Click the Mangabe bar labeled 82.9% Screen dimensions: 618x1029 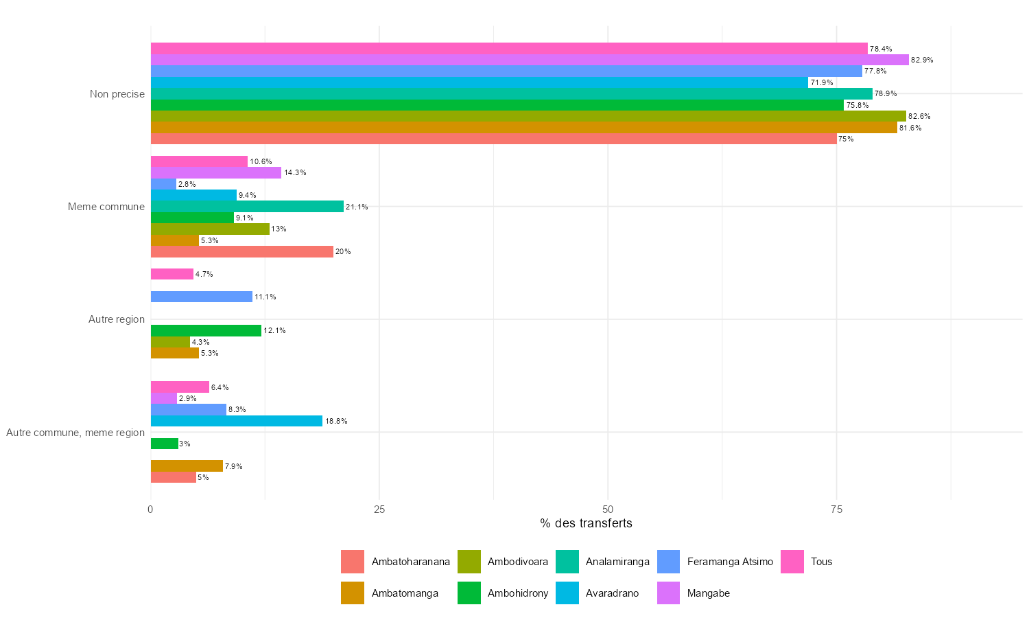pyautogui.click(x=530, y=60)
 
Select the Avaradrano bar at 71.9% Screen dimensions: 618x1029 pyautogui.click(x=479, y=82)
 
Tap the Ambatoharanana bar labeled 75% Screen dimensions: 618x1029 pyautogui.click(x=493, y=139)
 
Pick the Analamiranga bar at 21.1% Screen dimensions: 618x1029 pyautogui.click(x=247, y=207)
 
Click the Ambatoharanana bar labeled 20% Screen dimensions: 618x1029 pyautogui.click(x=242, y=251)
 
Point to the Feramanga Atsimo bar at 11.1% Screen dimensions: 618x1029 pyautogui.click(x=202, y=297)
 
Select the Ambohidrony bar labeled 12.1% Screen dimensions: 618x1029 pyautogui.click(x=206, y=330)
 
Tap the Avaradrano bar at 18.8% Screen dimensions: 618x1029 pyautogui.click(x=237, y=421)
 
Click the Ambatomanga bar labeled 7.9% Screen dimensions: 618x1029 pyautogui.click(x=187, y=466)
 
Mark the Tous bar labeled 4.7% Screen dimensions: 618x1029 pyautogui.click(x=172, y=274)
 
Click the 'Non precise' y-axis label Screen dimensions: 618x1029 pyautogui.click(x=117, y=94)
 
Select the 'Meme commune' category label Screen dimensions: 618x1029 pyautogui.click(x=106, y=207)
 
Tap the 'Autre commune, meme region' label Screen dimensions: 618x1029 pyautogui.click(x=75, y=433)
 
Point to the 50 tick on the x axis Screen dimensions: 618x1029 pyautogui.click(x=608, y=510)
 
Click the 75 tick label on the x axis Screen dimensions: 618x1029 pyautogui.click(x=836, y=510)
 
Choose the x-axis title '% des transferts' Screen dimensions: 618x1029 pyautogui.click(x=586, y=523)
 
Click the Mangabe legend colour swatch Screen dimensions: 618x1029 pyautogui.click(x=669, y=593)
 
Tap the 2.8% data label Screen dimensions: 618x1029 pyautogui.click(x=187, y=184)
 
